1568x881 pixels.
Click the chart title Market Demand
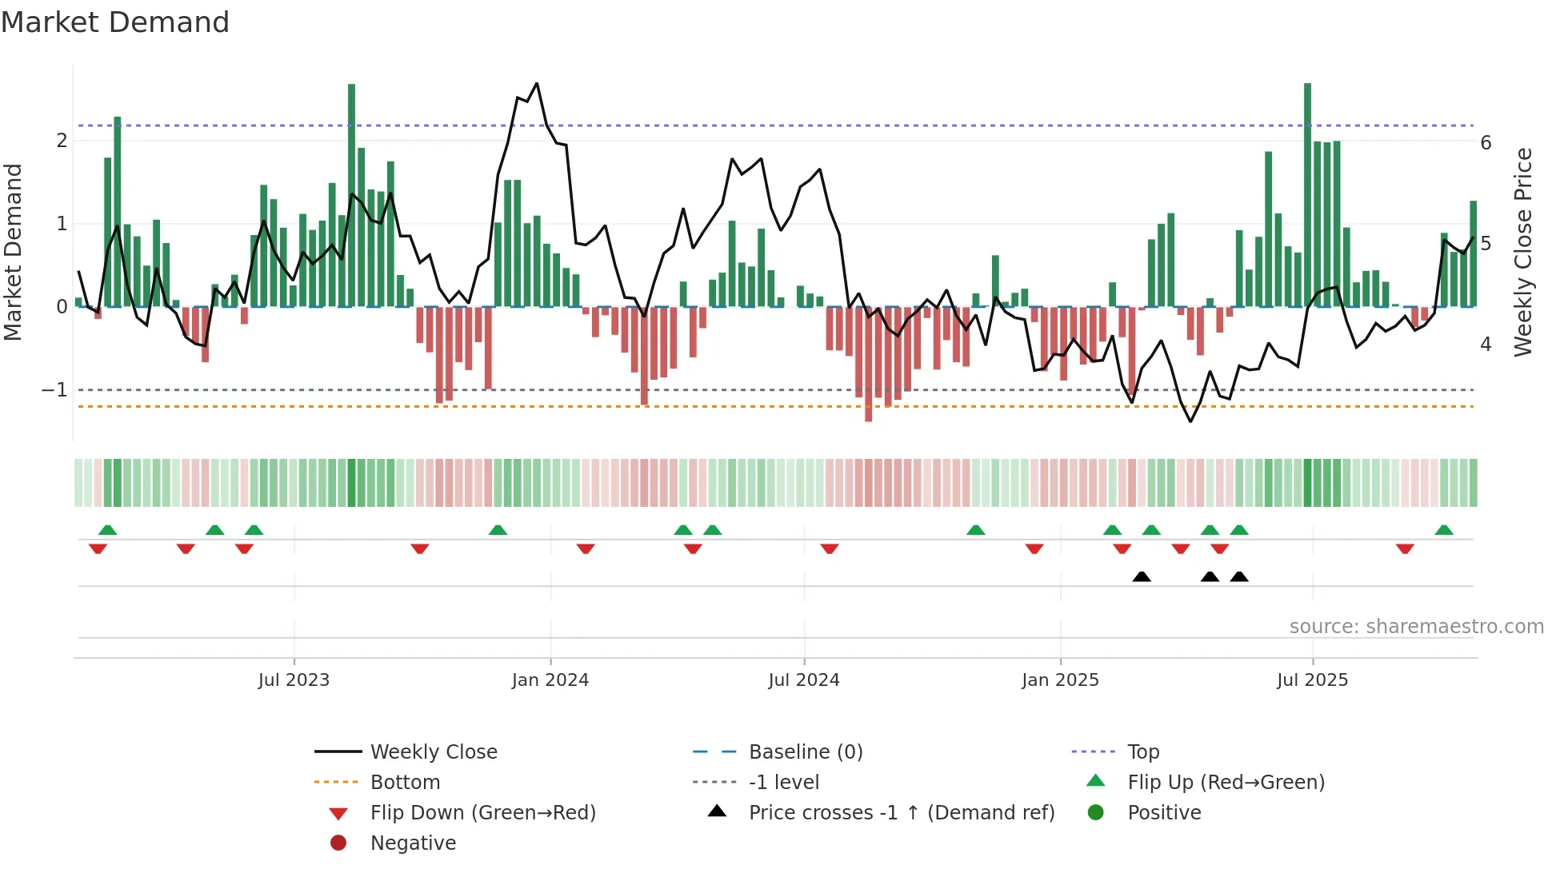coord(115,22)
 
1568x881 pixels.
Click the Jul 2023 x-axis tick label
coord(294,680)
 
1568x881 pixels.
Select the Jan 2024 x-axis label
coord(550,680)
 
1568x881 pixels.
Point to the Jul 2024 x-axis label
coord(804,680)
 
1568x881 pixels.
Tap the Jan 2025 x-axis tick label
coord(1060,680)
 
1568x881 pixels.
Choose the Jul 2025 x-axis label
coord(1312,680)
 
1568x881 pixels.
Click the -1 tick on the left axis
coord(54,390)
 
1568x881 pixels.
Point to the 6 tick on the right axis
coord(1486,143)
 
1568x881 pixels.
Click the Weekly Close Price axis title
coord(1523,252)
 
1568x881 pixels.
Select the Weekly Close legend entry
coord(433,752)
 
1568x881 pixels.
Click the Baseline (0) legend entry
coord(805,752)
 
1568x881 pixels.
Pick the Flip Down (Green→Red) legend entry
coord(482,813)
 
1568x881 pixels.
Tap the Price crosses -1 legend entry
coord(901,813)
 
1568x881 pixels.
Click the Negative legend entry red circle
coord(338,843)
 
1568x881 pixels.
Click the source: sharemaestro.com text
coord(1416,627)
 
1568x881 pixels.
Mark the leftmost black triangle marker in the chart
coord(1142,577)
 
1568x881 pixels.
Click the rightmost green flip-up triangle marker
coord(1444,530)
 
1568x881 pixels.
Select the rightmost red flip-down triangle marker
coord(1405,548)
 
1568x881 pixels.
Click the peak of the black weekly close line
coord(537,83)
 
